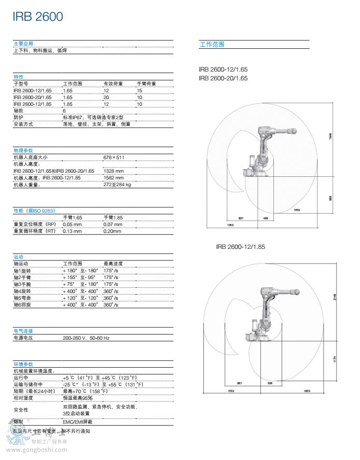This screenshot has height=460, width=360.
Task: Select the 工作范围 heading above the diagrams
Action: [x=212, y=45]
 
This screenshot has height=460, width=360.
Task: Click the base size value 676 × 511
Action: [x=114, y=157]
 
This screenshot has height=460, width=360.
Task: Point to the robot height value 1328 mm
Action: [x=113, y=171]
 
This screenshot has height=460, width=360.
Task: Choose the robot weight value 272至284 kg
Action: [x=117, y=184]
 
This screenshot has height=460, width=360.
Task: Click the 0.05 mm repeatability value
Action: [x=72, y=224]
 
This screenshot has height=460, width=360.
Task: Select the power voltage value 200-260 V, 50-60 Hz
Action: [x=86, y=338]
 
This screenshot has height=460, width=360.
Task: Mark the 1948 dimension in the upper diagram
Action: [x=330, y=136]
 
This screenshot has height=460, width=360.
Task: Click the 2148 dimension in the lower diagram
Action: [x=334, y=297]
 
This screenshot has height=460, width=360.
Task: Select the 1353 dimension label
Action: [x=230, y=225]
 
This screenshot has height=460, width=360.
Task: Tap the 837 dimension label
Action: [x=241, y=218]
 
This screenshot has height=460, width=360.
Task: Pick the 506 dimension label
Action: [x=270, y=383]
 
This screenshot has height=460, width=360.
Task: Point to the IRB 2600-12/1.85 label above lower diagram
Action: [x=240, y=247]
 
